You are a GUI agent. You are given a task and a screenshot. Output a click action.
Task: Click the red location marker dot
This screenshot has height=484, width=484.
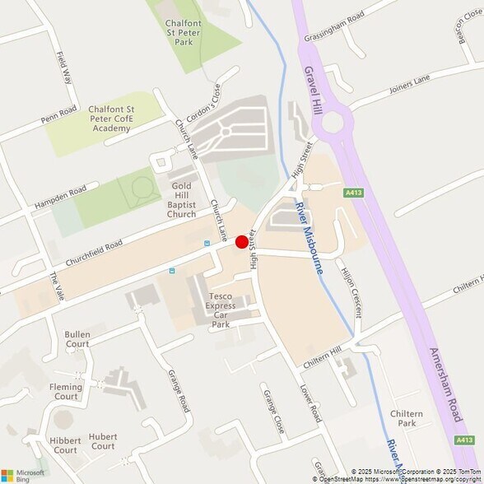tap(241, 242)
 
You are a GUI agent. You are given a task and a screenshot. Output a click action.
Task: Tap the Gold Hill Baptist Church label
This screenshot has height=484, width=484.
tap(181, 200)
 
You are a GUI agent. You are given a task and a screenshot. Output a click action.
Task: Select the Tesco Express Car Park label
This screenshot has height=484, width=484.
tap(220, 309)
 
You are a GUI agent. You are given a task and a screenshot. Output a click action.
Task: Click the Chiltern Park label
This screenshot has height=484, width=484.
tap(406, 418)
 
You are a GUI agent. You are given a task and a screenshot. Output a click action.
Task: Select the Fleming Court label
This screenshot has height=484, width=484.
tap(65, 391)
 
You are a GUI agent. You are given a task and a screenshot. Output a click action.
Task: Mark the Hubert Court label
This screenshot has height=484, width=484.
tap(103, 441)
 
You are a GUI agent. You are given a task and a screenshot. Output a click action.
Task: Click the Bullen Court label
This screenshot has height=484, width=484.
tap(77, 339)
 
